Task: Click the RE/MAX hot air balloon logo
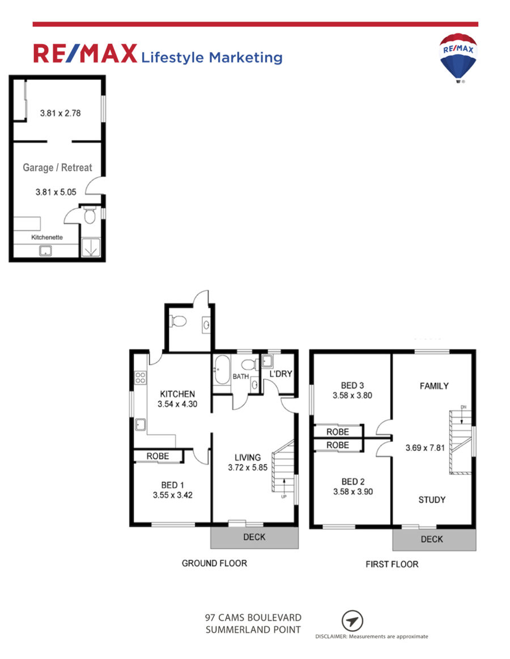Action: (x=458, y=58)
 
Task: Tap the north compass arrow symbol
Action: (x=352, y=621)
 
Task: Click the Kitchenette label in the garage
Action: (x=46, y=237)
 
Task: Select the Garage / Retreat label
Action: (x=57, y=168)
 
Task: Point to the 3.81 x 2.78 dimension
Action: (x=60, y=113)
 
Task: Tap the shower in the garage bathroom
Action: (x=91, y=247)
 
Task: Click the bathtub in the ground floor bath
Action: (x=222, y=370)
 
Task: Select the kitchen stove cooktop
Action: (x=141, y=378)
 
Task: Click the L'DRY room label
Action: (x=280, y=374)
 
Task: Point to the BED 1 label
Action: (x=172, y=485)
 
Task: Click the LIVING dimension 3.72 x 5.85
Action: (x=248, y=467)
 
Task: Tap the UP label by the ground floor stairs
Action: (x=283, y=497)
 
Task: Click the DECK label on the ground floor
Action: (x=254, y=537)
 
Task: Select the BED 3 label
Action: (x=352, y=386)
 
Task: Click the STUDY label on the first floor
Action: (x=432, y=500)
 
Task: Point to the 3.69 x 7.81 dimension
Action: (x=425, y=448)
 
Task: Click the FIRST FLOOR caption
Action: (x=392, y=564)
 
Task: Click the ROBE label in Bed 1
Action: (x=158, y=456)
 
